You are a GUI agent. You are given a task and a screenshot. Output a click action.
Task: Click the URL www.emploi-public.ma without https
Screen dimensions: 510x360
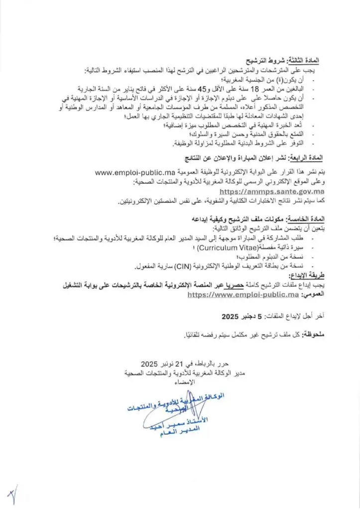coord(134,173)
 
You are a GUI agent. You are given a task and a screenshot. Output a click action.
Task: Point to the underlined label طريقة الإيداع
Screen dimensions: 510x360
coord(305,275)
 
